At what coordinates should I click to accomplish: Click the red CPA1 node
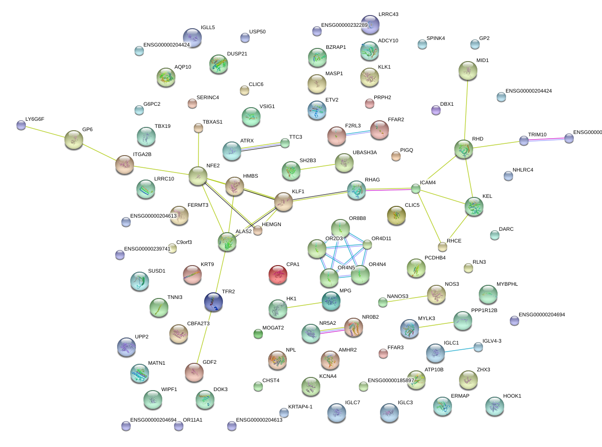click(277, 274)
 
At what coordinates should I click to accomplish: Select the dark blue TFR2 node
click(214, 302)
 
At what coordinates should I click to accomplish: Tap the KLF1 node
click(283, 201)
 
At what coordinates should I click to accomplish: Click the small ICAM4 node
click(415, 189)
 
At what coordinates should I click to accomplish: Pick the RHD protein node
click(464, 149)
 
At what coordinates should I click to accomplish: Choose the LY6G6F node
click(21, 125)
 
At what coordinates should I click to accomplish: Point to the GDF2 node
click(194, 372)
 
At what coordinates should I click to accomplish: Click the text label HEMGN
click(271, 225)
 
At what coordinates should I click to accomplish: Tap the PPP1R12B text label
click(484, 310)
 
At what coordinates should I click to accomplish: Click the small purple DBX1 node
click(436, 110)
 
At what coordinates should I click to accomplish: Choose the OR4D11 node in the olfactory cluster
click(367, 244)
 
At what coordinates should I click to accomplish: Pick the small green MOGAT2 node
click(258, 334)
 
